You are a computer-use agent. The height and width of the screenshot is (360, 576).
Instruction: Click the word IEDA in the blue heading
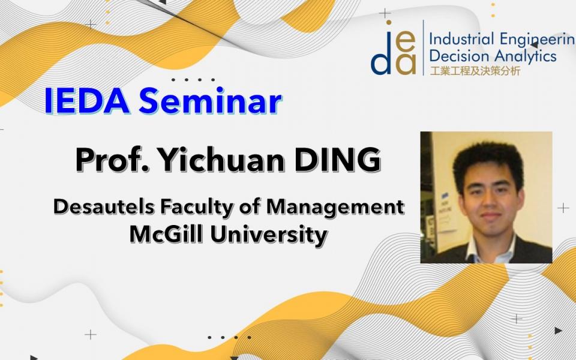coord(87,101)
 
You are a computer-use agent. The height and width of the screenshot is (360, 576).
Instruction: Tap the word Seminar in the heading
coord(211,100)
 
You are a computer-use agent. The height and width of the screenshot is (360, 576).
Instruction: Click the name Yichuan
coord(221,160)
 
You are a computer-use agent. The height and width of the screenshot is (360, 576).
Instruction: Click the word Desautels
coord(104,206)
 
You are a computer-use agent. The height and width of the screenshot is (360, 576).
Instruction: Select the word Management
coord(335,208)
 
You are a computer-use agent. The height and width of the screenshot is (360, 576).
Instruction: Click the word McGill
coord(166,235)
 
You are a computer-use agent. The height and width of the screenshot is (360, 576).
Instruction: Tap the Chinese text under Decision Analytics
coord(475,71)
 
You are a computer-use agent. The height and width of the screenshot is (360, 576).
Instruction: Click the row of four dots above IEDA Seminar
coord(193,80)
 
